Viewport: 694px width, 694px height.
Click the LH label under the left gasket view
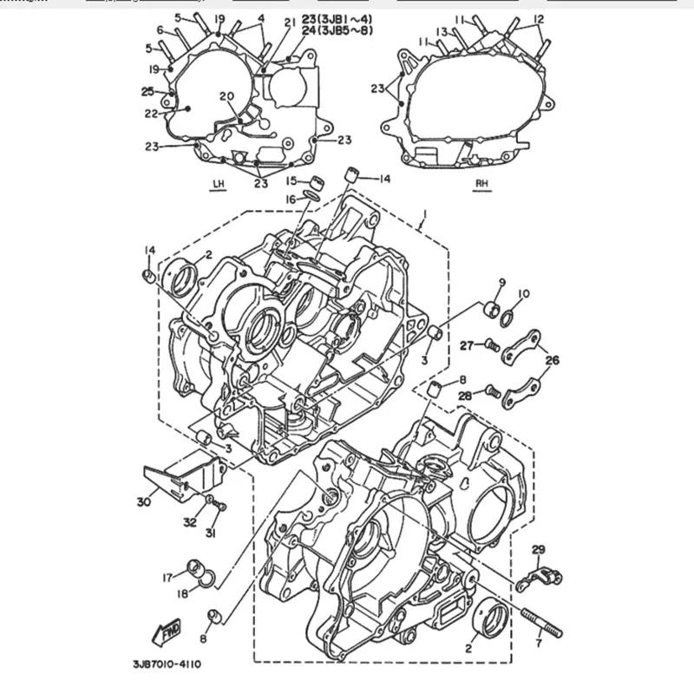(218, 184)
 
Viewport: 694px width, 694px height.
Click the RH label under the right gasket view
(482, 184)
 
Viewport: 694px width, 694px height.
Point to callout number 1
(424, 213)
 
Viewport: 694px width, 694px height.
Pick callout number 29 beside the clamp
(538, 550)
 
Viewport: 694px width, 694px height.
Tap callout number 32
(189, 522)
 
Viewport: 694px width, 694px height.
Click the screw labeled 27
(491, 345)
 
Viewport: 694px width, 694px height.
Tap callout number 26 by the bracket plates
(552, 361)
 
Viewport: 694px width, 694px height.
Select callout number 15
(292, 180)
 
